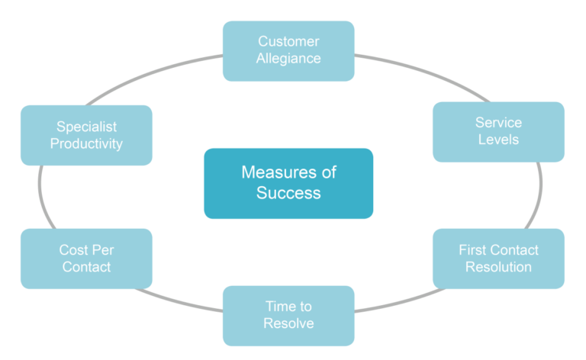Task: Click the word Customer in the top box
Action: tap(288, 41)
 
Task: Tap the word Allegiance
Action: tap(288, 59)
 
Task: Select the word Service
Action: tap(498, 122)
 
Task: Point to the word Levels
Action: tap(498, 140)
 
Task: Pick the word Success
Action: tap(288, 193)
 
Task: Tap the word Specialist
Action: tap(86, 127)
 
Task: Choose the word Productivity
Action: tap(86, 144)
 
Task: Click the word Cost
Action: tap(72, 249)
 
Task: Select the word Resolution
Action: tap(498, 267)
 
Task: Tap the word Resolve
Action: tap(288, 323)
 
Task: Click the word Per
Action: tap(101, 249)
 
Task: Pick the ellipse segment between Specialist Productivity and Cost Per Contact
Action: tap(39, 197)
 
